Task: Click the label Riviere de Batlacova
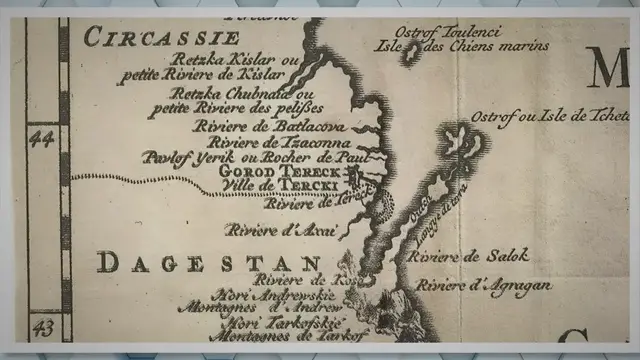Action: tap(259, 127)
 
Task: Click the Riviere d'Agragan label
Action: tap(484, 286)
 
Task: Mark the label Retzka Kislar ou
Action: tap(236, 59)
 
